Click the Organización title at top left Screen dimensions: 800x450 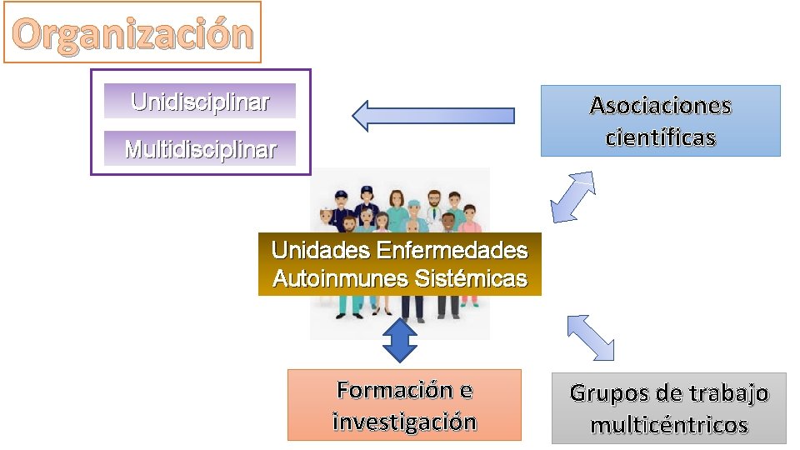[132, 33]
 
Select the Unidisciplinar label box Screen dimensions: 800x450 [199, 102]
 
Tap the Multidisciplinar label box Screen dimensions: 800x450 [199, 149]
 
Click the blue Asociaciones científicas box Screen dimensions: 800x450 [660, 121]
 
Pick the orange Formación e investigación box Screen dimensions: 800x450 [404, 405]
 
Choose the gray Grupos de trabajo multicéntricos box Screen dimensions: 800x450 [668, 408]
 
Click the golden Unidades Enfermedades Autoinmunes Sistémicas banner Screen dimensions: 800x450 [399, 264]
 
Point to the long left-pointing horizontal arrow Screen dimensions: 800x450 [433, 115]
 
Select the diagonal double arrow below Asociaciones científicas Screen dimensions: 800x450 [572, 197]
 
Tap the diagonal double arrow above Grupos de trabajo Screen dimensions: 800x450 [590, 337]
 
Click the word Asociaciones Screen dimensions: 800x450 [660, 106]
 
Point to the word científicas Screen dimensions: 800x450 [660, 137]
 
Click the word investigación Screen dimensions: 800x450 [404, 422]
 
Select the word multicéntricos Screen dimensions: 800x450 [668, 426]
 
